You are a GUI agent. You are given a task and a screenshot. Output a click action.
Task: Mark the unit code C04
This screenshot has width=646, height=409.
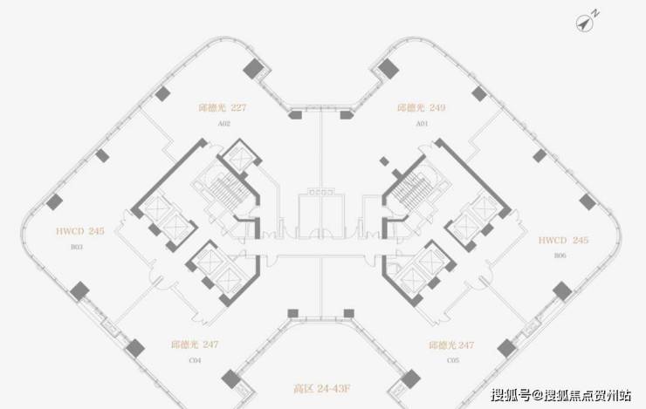tap(196, 359)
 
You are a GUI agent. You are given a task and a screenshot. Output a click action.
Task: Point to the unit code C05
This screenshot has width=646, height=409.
tap(451, 359)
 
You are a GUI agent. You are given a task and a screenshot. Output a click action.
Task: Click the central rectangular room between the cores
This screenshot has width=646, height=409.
tap(323, 209)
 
